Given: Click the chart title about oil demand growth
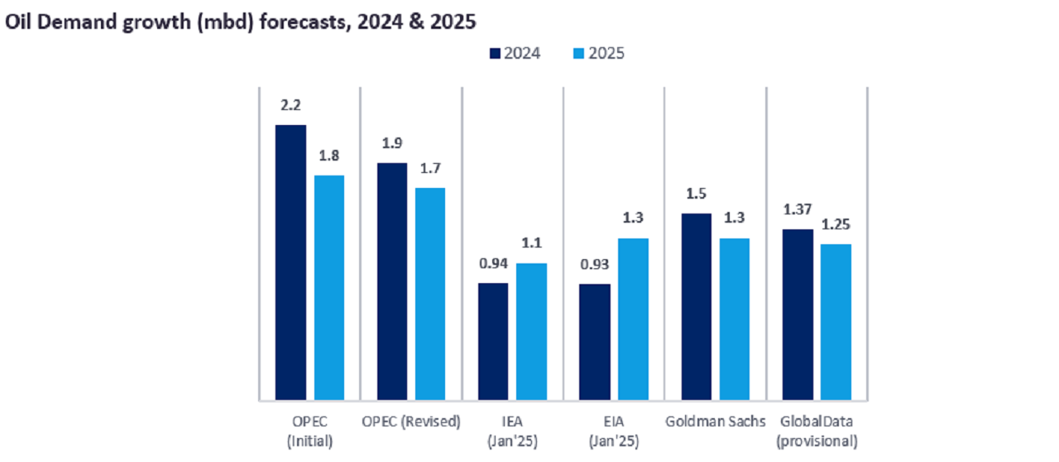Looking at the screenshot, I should pyautogui.click(x=241, y=22).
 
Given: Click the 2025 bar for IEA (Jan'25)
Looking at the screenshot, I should pyautogui.click(x=531, y=332).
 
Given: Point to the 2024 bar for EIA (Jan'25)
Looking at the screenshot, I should pyautogui.click(x=595, y=342).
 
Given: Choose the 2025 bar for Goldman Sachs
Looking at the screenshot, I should pyautogui.click(x=735, y=320).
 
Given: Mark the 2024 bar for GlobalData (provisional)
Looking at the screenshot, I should pyautogui.click(x=798, y=315).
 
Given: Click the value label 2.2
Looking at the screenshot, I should pyautogui.click(x=290, y=105).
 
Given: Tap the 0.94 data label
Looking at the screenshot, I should pyautogui.click(x=493, y=265).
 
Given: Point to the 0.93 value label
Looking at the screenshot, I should pyautogui.click(x=595, y=266).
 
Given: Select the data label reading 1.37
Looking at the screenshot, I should pyautogui.click(x=798, y=210).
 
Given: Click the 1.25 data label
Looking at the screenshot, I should pyautogui.click(x=836, y=225).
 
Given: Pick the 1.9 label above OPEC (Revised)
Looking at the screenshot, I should pyautogui.click(x=392, y=143).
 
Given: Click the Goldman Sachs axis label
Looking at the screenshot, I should pyautogui.click(x=716, y=421).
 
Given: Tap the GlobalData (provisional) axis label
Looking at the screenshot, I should pyautogui.click(x=817, y=431).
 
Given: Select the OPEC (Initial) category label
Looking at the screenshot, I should pyautogui.click(x=309, y=431).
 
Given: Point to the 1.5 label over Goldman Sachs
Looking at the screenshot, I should pyautogui.click(x=697, y=194).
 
